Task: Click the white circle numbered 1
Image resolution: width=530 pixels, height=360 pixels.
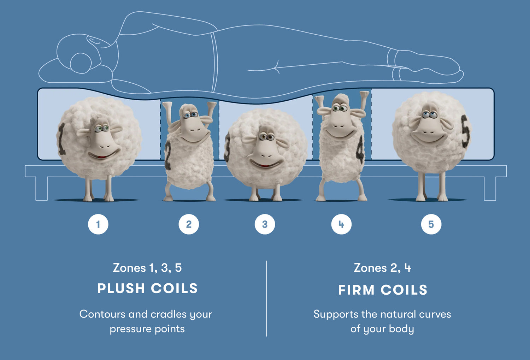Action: click(x=98, y=224)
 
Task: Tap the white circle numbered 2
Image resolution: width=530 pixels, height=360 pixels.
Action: click(x=189, y=224)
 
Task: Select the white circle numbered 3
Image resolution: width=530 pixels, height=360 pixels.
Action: click(x=265, y=224)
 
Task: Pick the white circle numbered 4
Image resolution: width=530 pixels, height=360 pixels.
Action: click(x=341, y=224)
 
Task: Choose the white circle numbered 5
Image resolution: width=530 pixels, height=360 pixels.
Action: click(x=431, y=224)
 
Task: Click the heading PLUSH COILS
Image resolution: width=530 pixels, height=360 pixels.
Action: click(x=147, y=289)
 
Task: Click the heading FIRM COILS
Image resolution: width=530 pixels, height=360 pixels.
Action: click(x=383, y=290)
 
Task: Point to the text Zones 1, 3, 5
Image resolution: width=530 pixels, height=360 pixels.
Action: click(x=147, y=268)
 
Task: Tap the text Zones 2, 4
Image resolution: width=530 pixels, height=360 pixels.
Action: click(x=382, y=268)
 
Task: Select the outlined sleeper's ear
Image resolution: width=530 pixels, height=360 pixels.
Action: click(x=81, y=63)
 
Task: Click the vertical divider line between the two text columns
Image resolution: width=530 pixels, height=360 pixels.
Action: click(x=266, y=299)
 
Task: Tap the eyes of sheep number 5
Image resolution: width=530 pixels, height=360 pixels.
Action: click(x=429, y=114)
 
